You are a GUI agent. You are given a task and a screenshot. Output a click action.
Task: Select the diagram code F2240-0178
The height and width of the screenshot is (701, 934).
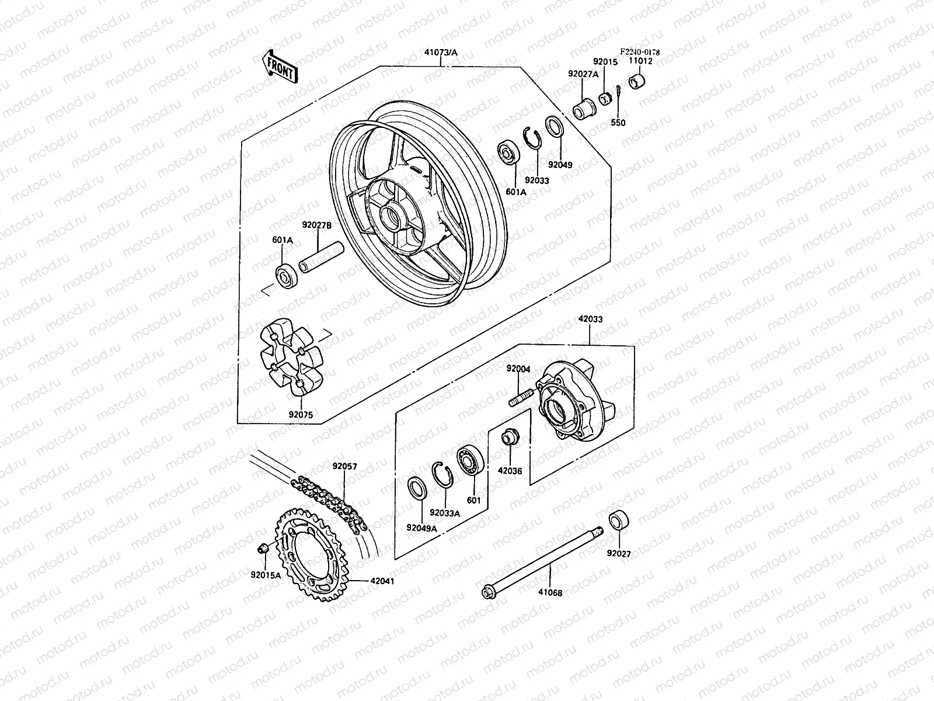(640, 52)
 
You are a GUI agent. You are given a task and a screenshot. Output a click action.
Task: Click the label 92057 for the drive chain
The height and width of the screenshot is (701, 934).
(345, 467)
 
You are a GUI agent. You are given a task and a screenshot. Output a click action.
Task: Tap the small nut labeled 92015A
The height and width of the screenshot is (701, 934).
(263, 547)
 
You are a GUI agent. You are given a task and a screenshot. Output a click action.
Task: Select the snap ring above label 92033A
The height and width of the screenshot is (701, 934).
(442, 473)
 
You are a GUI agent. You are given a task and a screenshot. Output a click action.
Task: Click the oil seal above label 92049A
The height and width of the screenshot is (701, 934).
(417, 487)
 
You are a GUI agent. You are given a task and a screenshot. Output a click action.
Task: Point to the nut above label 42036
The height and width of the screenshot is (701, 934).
(510, 436)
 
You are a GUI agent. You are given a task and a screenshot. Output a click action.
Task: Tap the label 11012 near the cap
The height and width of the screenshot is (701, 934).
(640, 61)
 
